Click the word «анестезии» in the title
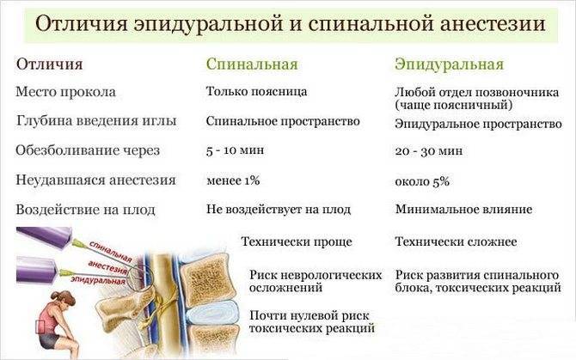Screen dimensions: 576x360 point(492,24)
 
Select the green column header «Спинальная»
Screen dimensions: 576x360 point(252,64)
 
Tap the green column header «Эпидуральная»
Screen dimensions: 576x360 point(449,64)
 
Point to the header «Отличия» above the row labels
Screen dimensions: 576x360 point(49,64)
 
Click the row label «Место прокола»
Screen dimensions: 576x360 point(65,92)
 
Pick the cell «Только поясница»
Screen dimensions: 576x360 point(256,91)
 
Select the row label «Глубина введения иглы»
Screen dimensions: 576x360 point(96,121)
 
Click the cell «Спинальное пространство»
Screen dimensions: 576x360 point(283,121)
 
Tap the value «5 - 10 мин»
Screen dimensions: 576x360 point(235,150)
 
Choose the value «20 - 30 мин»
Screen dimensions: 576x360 point(429,151)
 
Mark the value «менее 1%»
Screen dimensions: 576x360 point(233,180)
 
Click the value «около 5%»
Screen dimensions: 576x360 point(422,181)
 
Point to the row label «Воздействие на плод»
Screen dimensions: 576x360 point(85,210)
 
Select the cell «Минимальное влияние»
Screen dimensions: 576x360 point(463,210)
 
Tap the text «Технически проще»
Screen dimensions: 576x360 point(297,241)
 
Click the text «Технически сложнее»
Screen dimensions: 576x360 point(456,241)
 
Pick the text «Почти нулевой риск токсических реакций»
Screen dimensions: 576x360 point(311,321)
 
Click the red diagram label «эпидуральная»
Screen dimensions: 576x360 point(98,280)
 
